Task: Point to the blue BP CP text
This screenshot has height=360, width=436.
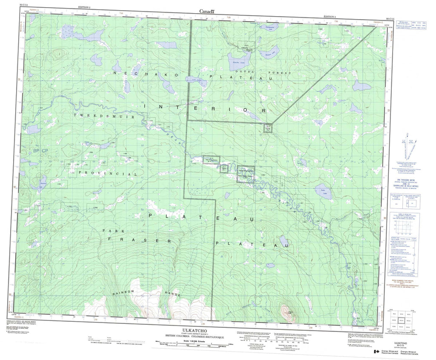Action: (41, 151)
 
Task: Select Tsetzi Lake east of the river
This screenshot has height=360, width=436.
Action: (321, 193)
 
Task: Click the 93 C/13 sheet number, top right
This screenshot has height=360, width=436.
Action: (390, 19)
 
